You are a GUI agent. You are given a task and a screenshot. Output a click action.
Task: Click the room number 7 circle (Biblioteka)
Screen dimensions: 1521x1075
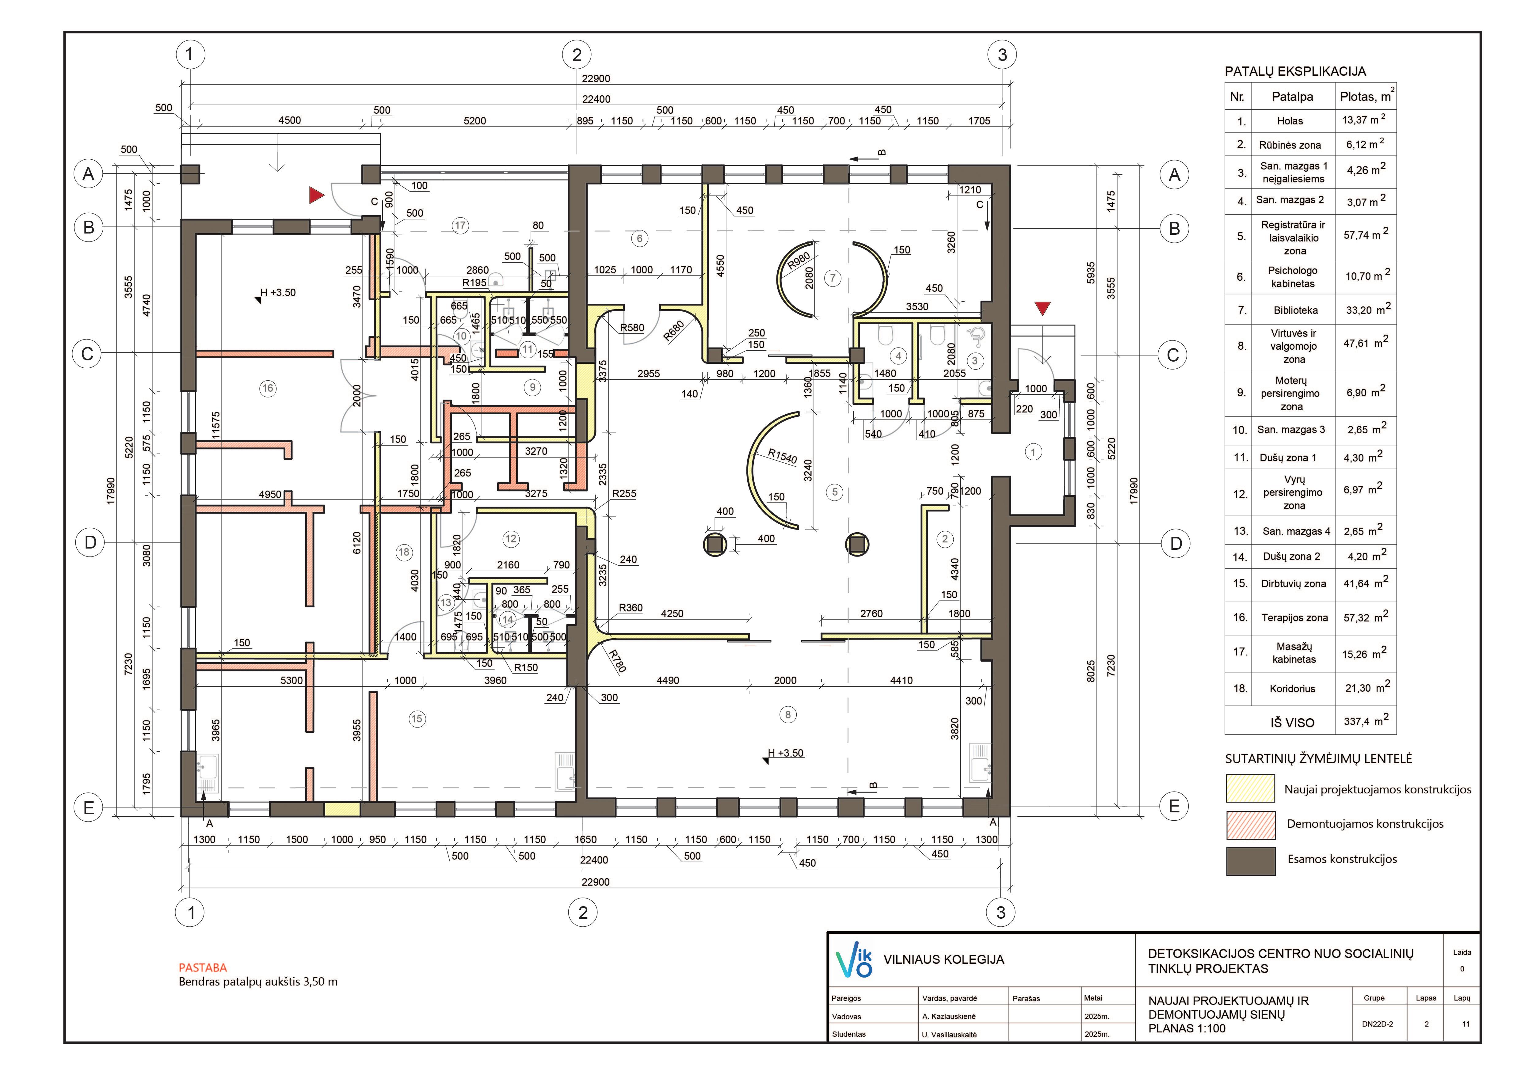[x=833, y=278]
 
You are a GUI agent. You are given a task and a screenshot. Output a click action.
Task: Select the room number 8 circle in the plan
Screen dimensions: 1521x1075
[x=788, y=715]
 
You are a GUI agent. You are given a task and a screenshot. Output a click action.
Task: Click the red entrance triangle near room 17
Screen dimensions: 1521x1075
[x=317, y=195]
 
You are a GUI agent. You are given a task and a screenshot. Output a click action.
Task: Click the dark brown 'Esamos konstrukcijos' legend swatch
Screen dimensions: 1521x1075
[x=1250, y=861]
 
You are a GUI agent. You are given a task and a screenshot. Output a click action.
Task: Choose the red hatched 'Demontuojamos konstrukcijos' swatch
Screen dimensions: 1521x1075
[x=1250, y=825]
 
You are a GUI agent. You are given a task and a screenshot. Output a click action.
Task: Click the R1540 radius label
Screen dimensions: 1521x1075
[x=782, y=456]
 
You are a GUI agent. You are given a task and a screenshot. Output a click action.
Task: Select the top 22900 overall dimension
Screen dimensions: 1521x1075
[x=596, y=78]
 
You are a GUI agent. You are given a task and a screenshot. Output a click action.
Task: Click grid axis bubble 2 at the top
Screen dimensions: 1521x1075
[x=576, y=54]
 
